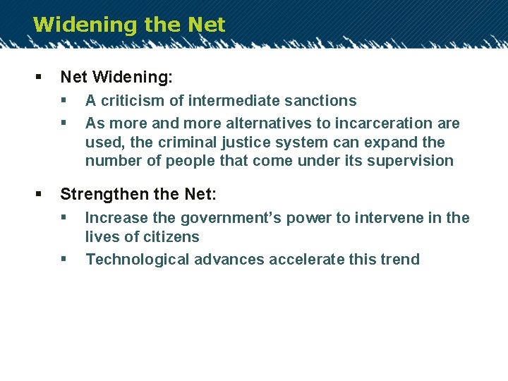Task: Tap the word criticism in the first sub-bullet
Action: [x=130, y=101]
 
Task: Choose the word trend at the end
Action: [x=400, y=259]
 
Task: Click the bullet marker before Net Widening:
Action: [x=37, y=75]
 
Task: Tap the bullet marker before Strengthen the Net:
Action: [x=37, y=192]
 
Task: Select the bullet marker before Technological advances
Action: [x=64, y=259]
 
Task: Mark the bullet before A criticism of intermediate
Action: [x=64, y=101]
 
